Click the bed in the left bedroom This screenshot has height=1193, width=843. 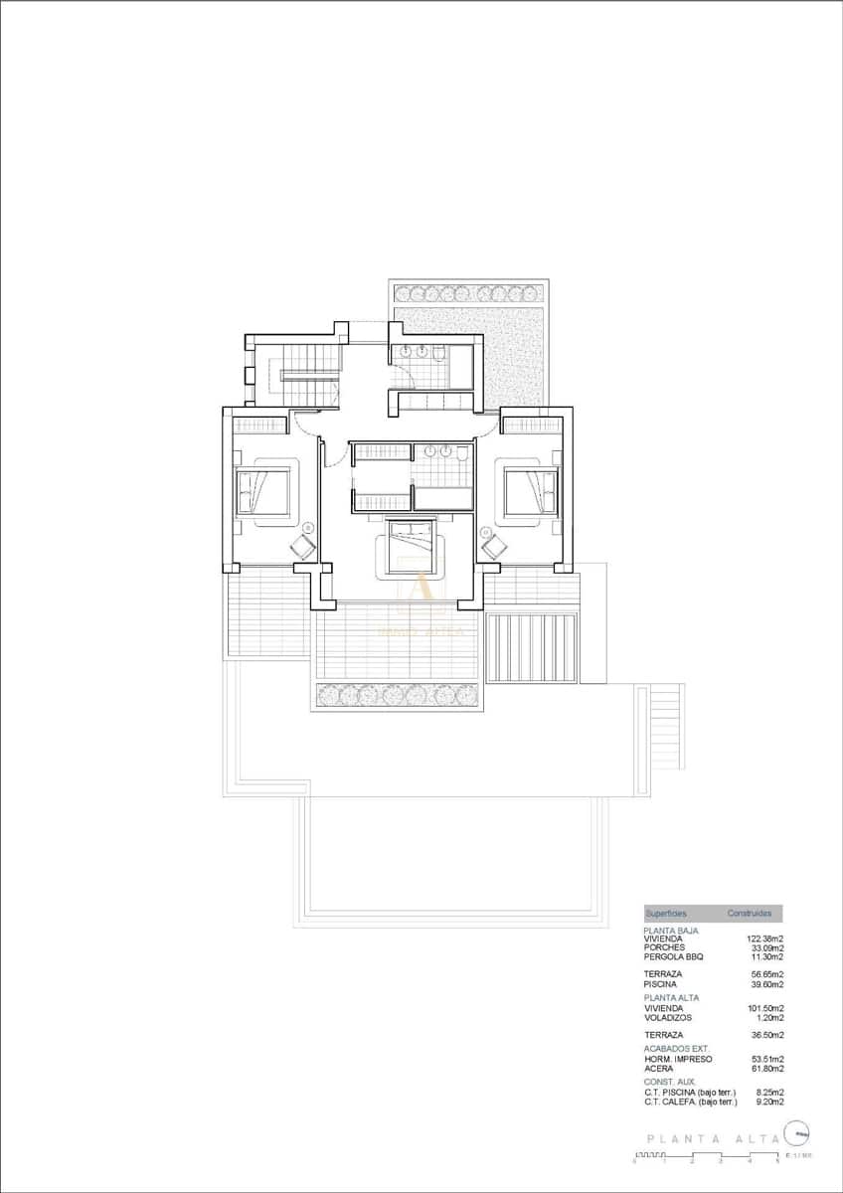click(x=262, y=491)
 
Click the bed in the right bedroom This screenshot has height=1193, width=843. click(x=529, y=491)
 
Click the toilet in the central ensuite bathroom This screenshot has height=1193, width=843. click(x=462, y=453)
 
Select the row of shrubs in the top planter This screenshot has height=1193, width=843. click(x=467, y=293)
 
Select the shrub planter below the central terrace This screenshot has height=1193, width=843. click(x=398, y=695)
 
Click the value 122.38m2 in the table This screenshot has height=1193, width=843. click(x=764, y=938)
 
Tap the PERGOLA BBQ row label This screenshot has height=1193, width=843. click(x=674, y=956)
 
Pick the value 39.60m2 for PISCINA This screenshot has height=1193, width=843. click(x=766, y=984)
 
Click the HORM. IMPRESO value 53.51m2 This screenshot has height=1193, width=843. click(x=766, y=1059)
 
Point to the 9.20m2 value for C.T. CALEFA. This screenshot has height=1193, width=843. click(x=768, y=1102)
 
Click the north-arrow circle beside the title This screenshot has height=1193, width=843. click(x=796, y=1132)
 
